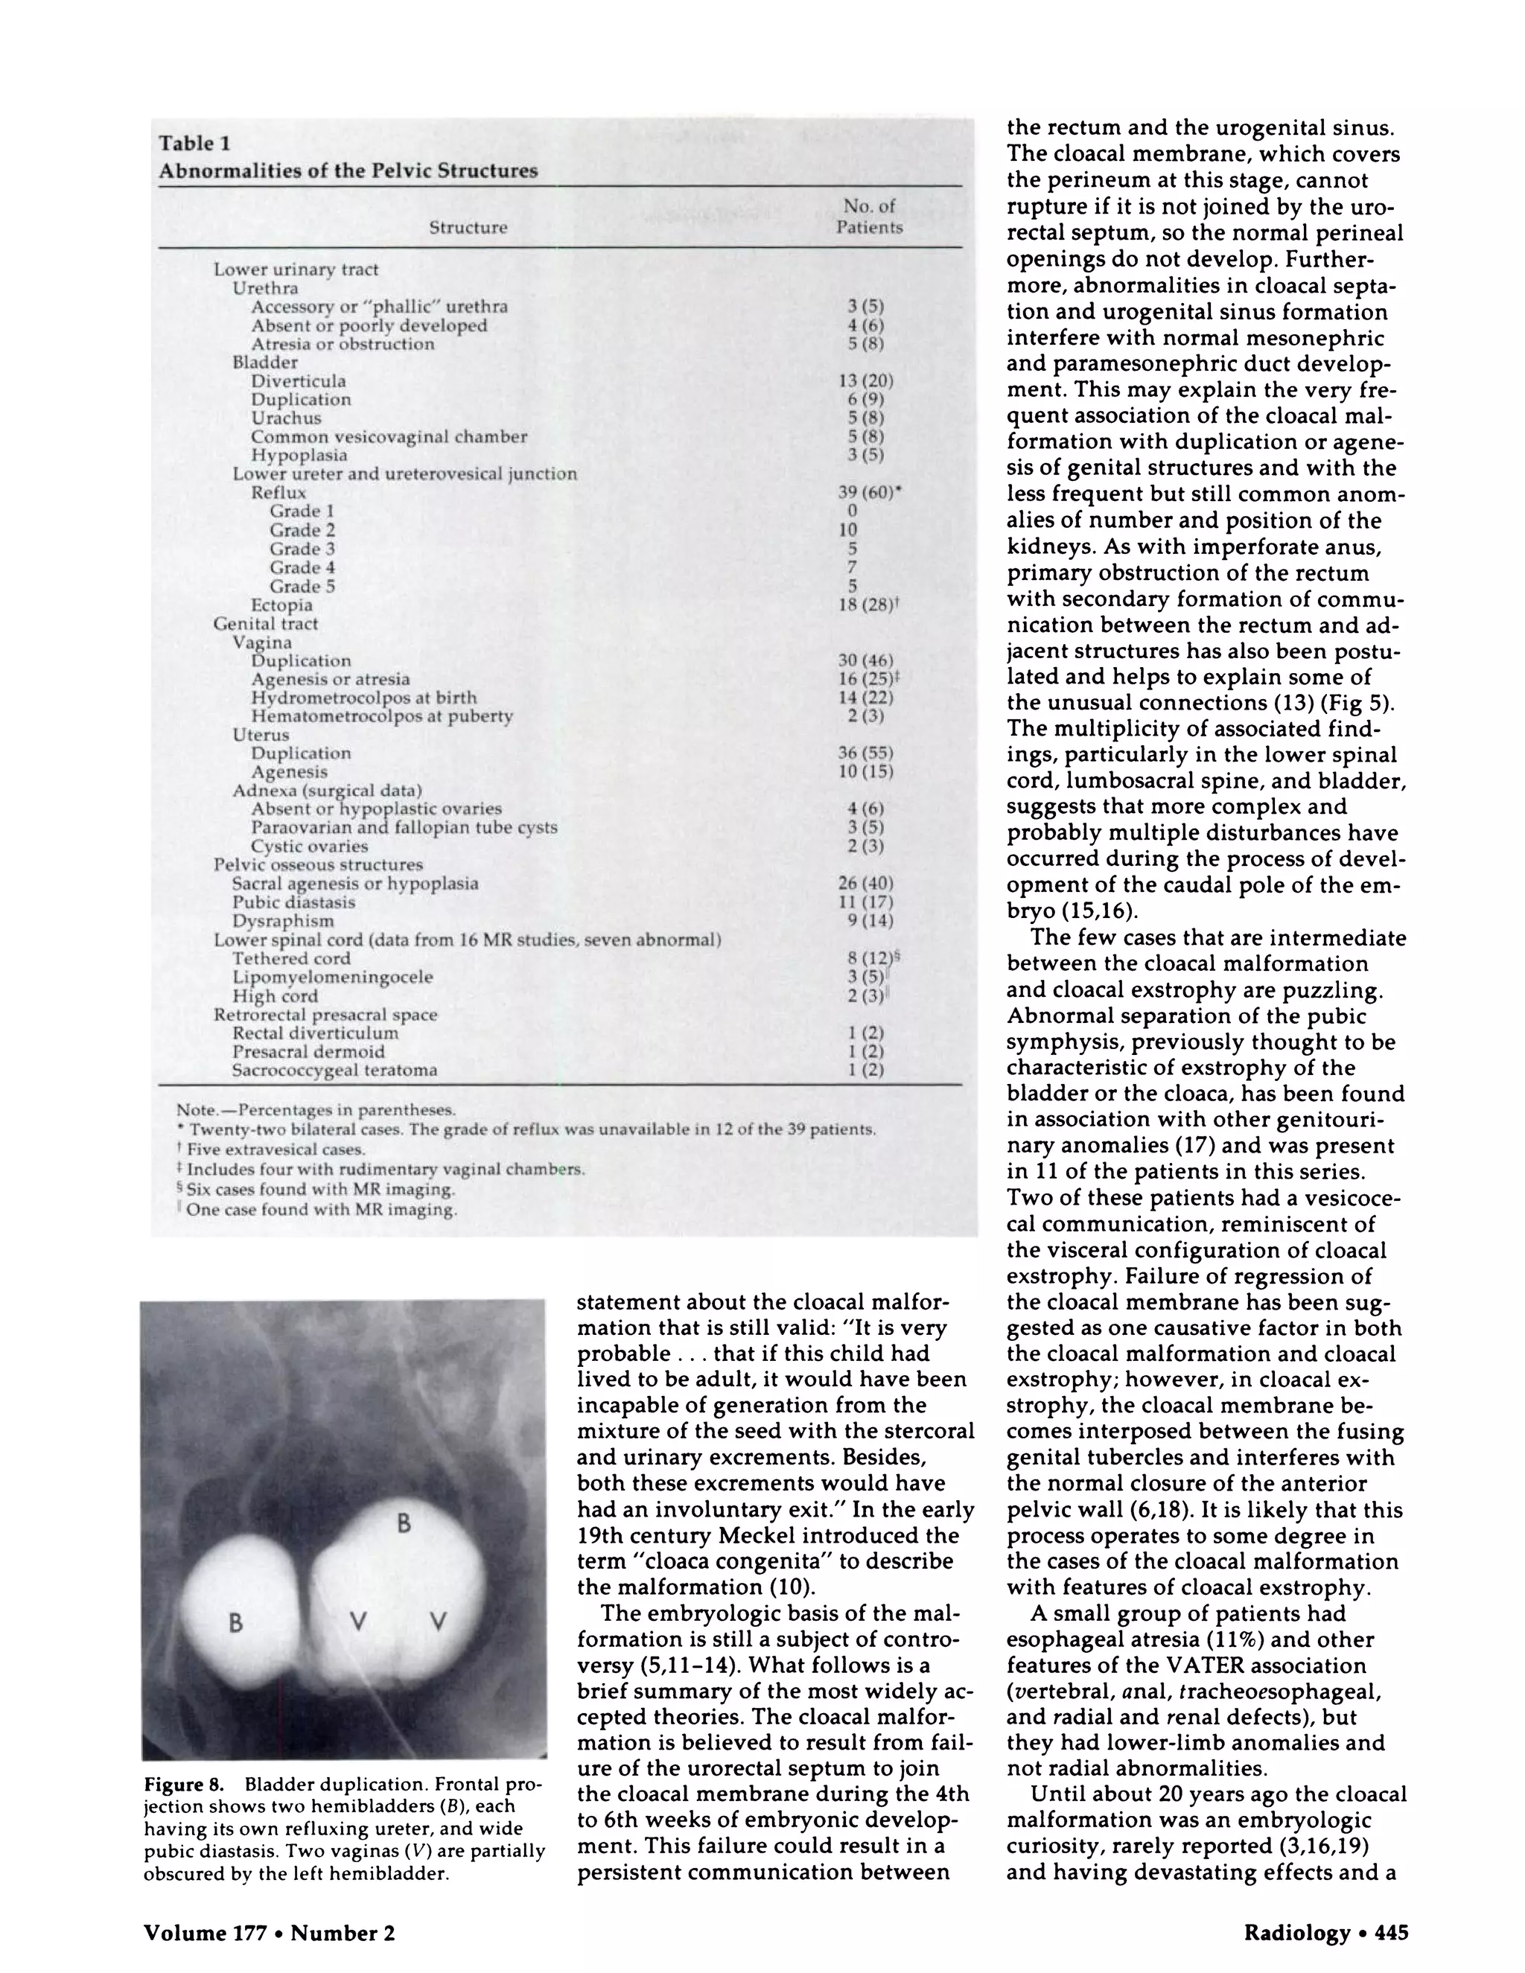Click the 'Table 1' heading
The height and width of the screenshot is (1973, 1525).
tap(194, 143)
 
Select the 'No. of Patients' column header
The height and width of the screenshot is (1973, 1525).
tap(868, 217)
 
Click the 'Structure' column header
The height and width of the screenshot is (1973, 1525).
tap(467, 228)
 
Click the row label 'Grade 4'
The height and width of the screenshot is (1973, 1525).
tap(302, 567)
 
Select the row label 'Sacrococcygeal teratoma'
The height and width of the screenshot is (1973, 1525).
tap(334, 1071)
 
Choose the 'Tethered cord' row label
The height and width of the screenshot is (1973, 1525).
tap(291, 958)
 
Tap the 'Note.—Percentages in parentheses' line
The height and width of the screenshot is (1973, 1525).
tap(316, 1110)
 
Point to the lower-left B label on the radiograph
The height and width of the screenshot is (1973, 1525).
tap(236, 1622)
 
